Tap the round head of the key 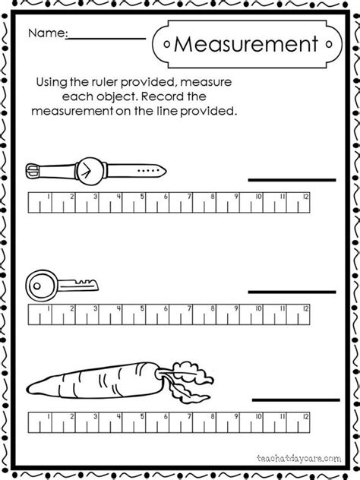(39, 284)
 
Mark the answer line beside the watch (289, 180)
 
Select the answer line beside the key (289, 292)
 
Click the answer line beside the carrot (292, 399)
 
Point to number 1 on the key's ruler (49, 310)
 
